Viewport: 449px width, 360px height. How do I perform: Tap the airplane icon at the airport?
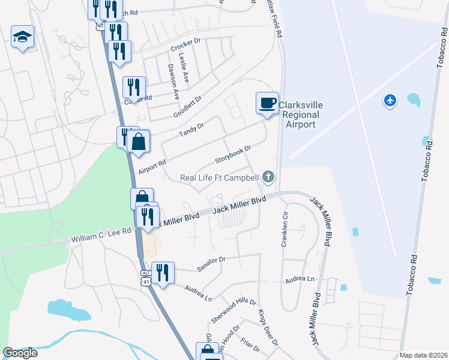(x=391, y=100)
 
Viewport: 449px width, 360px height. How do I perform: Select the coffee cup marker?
(x=267, y=103)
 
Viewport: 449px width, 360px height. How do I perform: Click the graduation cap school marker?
(x=23, y=37)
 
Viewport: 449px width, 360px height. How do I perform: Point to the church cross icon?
(x=269, y=176)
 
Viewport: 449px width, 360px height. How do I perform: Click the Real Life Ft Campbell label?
(x=220, y=177)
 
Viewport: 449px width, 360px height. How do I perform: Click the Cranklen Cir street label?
(x=285, y=229)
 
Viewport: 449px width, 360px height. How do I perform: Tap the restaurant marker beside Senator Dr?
(x=162, y=274)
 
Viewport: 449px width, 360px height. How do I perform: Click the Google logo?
(x=20, y=352)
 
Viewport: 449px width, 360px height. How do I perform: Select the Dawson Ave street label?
(x=173, y=82)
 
